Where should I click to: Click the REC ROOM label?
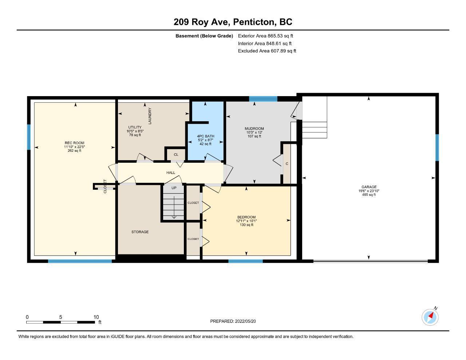[x=74, y=143]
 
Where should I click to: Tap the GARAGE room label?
[x=369, y=187]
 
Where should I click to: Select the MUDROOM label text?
[x=254, y=128]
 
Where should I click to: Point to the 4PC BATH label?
[x=205, y=136]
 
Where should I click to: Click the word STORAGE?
[x=140, y=232]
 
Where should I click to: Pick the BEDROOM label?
[x=246, y=217]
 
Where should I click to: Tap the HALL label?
[x=171, y=173]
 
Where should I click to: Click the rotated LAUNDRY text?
[x=150, y=116]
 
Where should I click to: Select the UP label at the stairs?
[x=174, y=188]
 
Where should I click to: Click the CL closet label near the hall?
[x=176, y=155]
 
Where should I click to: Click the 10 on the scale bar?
[x=96, y=317]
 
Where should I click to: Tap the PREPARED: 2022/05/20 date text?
[x=233, y=321]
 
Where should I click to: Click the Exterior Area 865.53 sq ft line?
[x=265, y=36]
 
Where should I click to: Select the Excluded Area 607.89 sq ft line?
[x=267, y=51]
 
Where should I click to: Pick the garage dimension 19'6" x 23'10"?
[x=369, y=191]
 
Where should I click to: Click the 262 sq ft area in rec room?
[x=74, y=151]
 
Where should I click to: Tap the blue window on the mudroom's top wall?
[x=263, y=99]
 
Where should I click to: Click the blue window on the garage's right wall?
[x=437, y=147]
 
